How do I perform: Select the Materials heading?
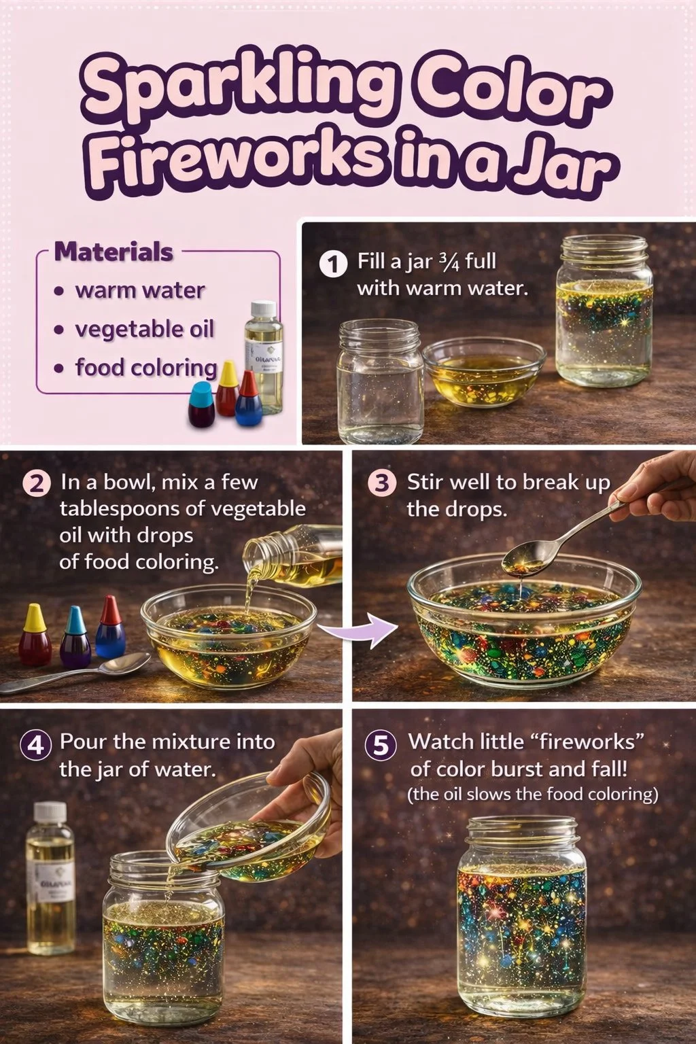[x=114, y=252]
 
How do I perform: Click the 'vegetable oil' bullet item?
[x=144, y=330]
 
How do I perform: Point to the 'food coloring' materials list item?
[x=145, y=368]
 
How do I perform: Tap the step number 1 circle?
[x=332, y=264]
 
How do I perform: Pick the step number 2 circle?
[x=36, y=484]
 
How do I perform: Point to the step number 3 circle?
[x=381, y=484]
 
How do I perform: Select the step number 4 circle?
[x=35, y=745]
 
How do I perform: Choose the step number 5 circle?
[x=381, y=746]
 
